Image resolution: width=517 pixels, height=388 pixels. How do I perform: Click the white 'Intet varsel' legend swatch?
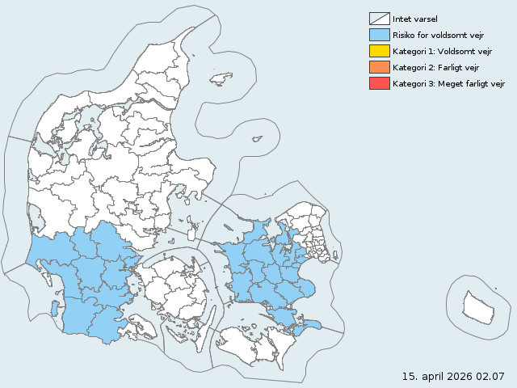point(379,19)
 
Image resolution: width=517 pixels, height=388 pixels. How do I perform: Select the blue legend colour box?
point(379,35)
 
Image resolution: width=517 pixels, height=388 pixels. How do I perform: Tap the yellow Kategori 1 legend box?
point(379,51)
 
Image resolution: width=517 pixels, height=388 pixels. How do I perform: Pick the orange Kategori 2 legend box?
point(379,67)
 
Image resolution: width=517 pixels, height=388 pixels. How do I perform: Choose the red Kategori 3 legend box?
point(379,83)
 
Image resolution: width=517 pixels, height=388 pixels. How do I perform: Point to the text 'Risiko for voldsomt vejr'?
point(437,35)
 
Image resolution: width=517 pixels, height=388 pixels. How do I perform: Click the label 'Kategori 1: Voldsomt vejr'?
point(441,51)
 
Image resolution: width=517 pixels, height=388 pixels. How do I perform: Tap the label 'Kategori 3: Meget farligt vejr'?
point(448,83)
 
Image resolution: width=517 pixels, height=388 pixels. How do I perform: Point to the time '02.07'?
point(490,376)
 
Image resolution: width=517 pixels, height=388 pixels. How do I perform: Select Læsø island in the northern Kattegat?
point(221,78)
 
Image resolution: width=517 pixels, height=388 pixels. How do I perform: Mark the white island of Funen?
point(174,287)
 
